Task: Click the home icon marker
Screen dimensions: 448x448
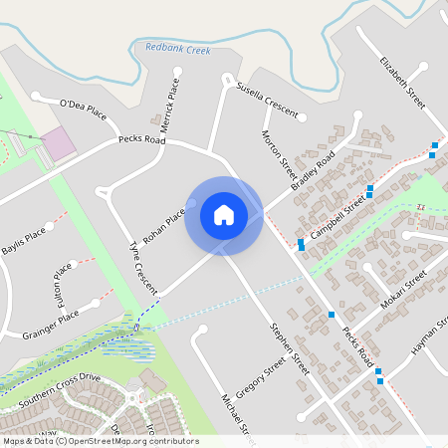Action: [223, 215]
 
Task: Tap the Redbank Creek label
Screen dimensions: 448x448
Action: [178, 47]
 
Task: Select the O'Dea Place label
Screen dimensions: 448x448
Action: [83, 104]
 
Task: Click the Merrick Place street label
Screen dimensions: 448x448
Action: [171, 102]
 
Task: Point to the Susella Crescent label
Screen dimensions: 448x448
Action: [267, 102]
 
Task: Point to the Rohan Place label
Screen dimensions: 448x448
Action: [162, 226]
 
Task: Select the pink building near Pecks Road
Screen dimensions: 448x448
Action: [57, 142]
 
